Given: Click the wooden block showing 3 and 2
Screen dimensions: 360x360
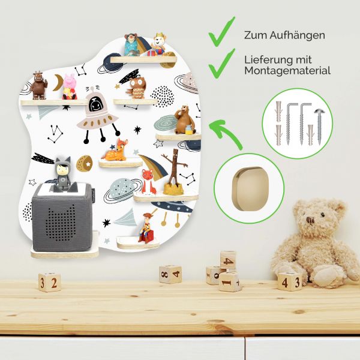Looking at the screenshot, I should [x=49, y=281].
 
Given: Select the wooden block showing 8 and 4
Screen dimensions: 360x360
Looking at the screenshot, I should [x=170, y=274].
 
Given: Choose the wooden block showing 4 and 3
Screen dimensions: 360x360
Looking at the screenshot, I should [x=289, y=281].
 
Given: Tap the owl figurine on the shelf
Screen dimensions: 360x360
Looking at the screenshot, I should [x=137, y=88].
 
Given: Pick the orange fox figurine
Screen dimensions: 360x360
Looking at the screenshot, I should [x=148, y=182].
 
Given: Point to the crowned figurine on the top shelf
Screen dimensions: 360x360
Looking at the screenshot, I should [x=160, y=44].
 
